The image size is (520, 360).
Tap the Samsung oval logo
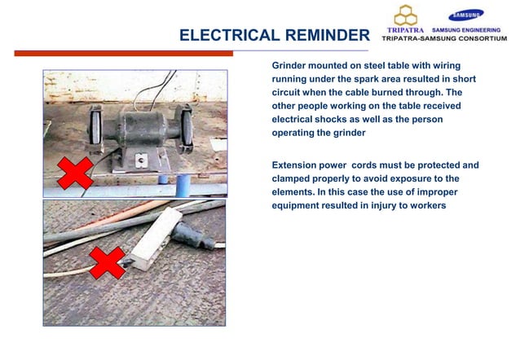465,14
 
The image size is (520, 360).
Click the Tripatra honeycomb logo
405,15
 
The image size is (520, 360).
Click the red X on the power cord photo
106,262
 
